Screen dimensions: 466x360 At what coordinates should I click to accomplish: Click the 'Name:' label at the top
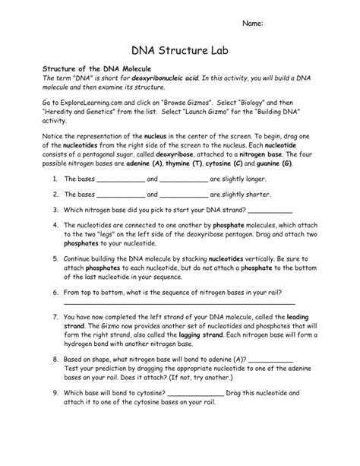point(252,24)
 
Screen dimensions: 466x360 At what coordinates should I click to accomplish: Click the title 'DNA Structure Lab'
point(179,52)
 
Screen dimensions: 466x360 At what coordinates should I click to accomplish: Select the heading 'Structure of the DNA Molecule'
point(90,68)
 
